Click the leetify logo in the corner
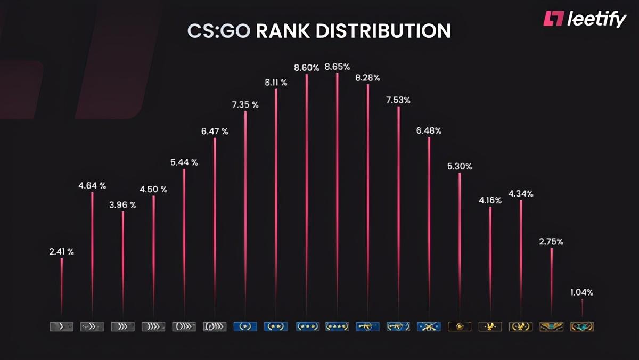(x=584, y=20)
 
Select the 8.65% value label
(x=337, y=67)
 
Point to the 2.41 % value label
(x=61, y=252)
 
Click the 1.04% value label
(x=581, y=292)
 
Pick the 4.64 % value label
(x=92, y=186)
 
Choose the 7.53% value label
(x=398, y=100)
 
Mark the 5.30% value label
(x=460, y=166)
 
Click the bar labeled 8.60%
(x=307, y=192)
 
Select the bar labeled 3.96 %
(x=123, y=261)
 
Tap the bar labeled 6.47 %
(x=215, y=224)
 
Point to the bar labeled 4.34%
(x=521, y=256)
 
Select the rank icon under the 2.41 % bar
(x=61, y=326)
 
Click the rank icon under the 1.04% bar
(x=581, y=326)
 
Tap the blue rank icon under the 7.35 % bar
(x=245, y=326)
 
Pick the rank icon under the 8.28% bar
(x=367, y=326)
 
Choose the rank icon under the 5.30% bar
(x=460, y=326)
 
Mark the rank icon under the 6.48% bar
(x=429, y=326)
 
